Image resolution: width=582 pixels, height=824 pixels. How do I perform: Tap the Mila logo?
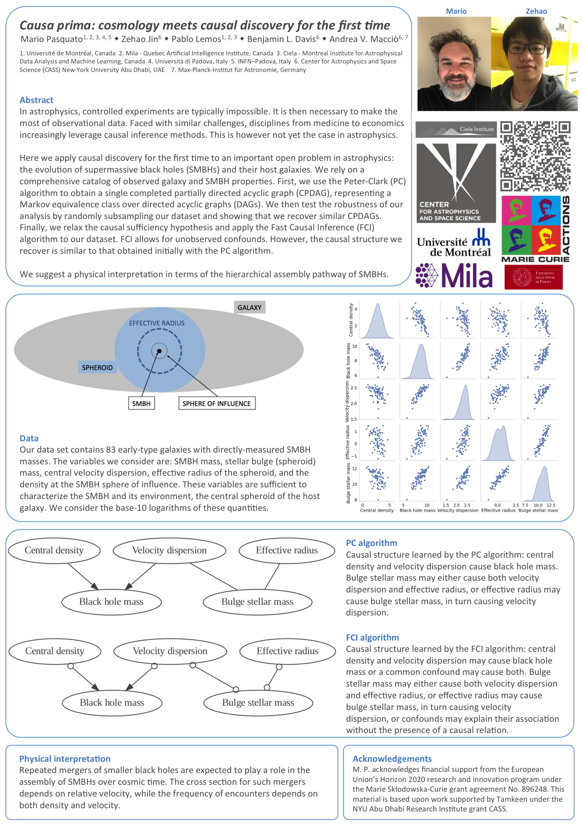(x=454, y=276)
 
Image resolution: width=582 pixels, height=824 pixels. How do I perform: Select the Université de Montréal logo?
(x=454, y=243)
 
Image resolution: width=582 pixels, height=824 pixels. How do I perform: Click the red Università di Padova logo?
(x=533, y=277)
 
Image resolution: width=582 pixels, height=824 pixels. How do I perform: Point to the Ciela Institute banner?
(x=456, y=129)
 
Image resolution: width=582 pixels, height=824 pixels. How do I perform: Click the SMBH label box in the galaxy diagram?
(x=141, y=403)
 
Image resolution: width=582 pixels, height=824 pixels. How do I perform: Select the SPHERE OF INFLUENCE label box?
(x=217, y=403)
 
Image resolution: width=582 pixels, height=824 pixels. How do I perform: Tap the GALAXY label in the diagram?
(x=249, y=308)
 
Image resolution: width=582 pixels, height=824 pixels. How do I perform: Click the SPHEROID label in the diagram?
(x=97, y=367)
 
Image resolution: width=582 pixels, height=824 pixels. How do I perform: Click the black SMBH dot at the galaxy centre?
(x=159, y=351)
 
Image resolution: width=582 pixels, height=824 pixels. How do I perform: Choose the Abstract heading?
(x=36, y=100)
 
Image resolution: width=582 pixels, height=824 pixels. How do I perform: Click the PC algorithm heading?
(x=371, y=543)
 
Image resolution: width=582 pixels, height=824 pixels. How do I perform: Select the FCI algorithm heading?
(x=372, y=637)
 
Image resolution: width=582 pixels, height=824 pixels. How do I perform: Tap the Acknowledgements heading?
(x=392, y=759)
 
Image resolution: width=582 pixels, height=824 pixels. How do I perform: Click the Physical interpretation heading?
(x=65, y=759)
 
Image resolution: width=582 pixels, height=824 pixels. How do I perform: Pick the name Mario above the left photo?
(x=456, y=11)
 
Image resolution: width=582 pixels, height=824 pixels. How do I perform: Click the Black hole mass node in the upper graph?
(x=111, y=602)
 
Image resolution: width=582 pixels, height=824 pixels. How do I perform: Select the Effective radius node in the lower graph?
(x=287, y=651)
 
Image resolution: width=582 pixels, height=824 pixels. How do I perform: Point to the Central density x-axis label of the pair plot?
(x=377, y=510)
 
